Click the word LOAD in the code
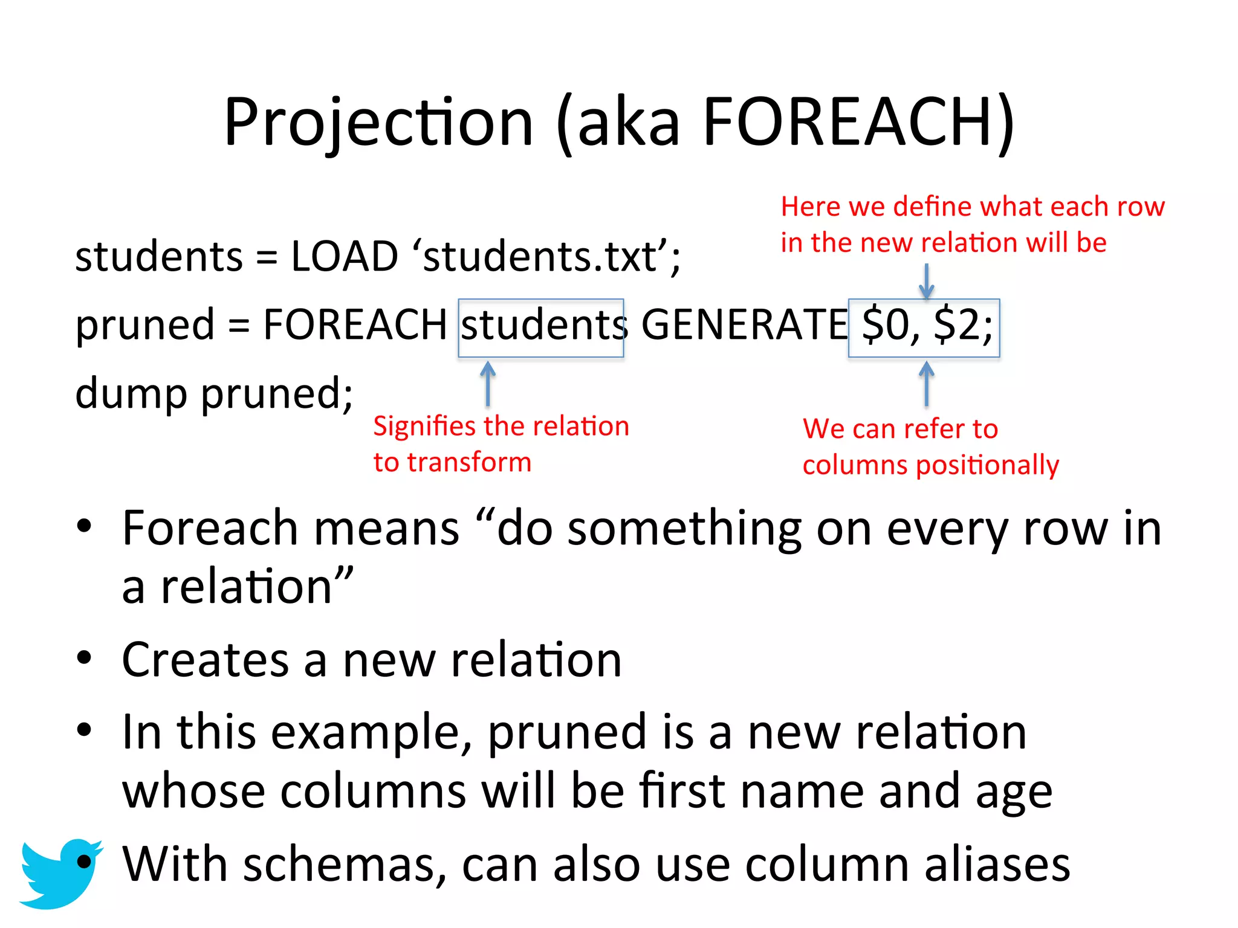pyautogui.click(x=345, y=256)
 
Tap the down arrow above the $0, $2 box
pyautogui.click(x=926, y=282)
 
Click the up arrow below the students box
pyautogui.click(x=488, y=383)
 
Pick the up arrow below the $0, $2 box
pyautogui.click(x=926, y=383)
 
